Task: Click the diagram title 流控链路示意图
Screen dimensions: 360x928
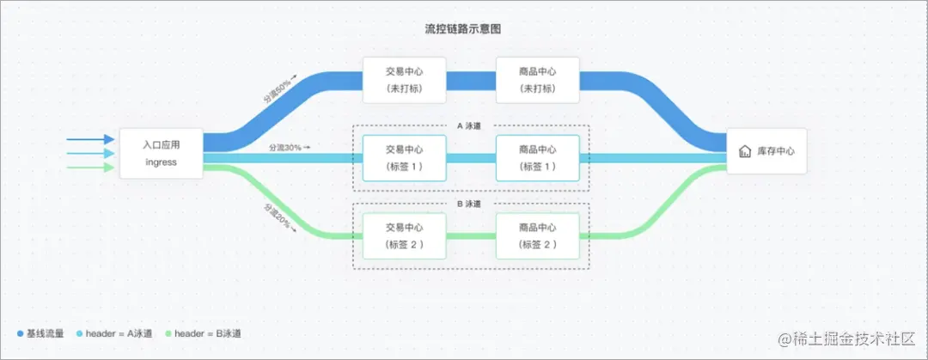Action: coord(463,29)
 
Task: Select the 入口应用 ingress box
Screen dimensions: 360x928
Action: coord(161,154)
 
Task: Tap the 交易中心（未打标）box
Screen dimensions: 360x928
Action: coord(405,80)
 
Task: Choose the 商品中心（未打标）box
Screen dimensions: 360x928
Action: coord(538,80)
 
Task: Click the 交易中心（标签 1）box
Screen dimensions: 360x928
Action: coord(405,157)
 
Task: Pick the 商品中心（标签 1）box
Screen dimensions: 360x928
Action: coord(538,157)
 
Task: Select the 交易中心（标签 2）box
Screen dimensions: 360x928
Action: coord(405,236)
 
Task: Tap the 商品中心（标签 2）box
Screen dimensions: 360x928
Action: coord(538,236)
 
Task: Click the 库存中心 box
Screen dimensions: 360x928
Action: coord(766,151)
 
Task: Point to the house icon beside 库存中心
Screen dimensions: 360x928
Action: coord(745,151)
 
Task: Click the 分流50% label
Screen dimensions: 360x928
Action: coord(279,88)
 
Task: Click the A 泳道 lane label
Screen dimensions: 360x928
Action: coord(469,125)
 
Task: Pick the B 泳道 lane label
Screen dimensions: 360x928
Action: coord(469,204)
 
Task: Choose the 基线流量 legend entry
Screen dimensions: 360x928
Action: coord(40,333)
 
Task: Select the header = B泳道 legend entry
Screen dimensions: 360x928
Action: coord(203,333)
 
